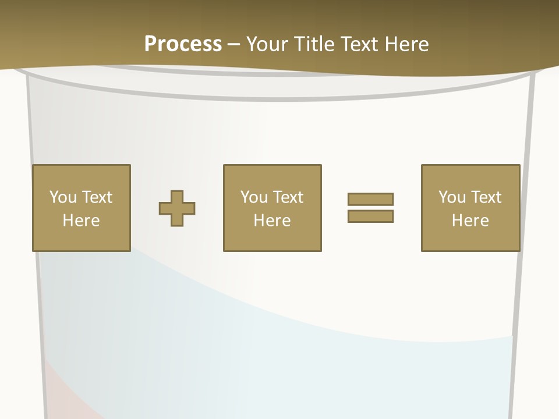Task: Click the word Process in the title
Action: point(183,44)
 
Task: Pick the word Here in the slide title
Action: point(408,44)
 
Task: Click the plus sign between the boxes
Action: point(177,208)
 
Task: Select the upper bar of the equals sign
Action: point(370,199)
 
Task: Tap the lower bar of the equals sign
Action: point(370,216)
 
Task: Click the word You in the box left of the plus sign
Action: point(63,197)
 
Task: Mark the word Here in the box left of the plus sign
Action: point(81,221)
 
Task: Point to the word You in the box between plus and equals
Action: point(254,197)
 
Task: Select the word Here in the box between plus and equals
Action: point(272,221)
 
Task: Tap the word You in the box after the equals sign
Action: point(452,197)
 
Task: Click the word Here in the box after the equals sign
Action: point(470,221)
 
